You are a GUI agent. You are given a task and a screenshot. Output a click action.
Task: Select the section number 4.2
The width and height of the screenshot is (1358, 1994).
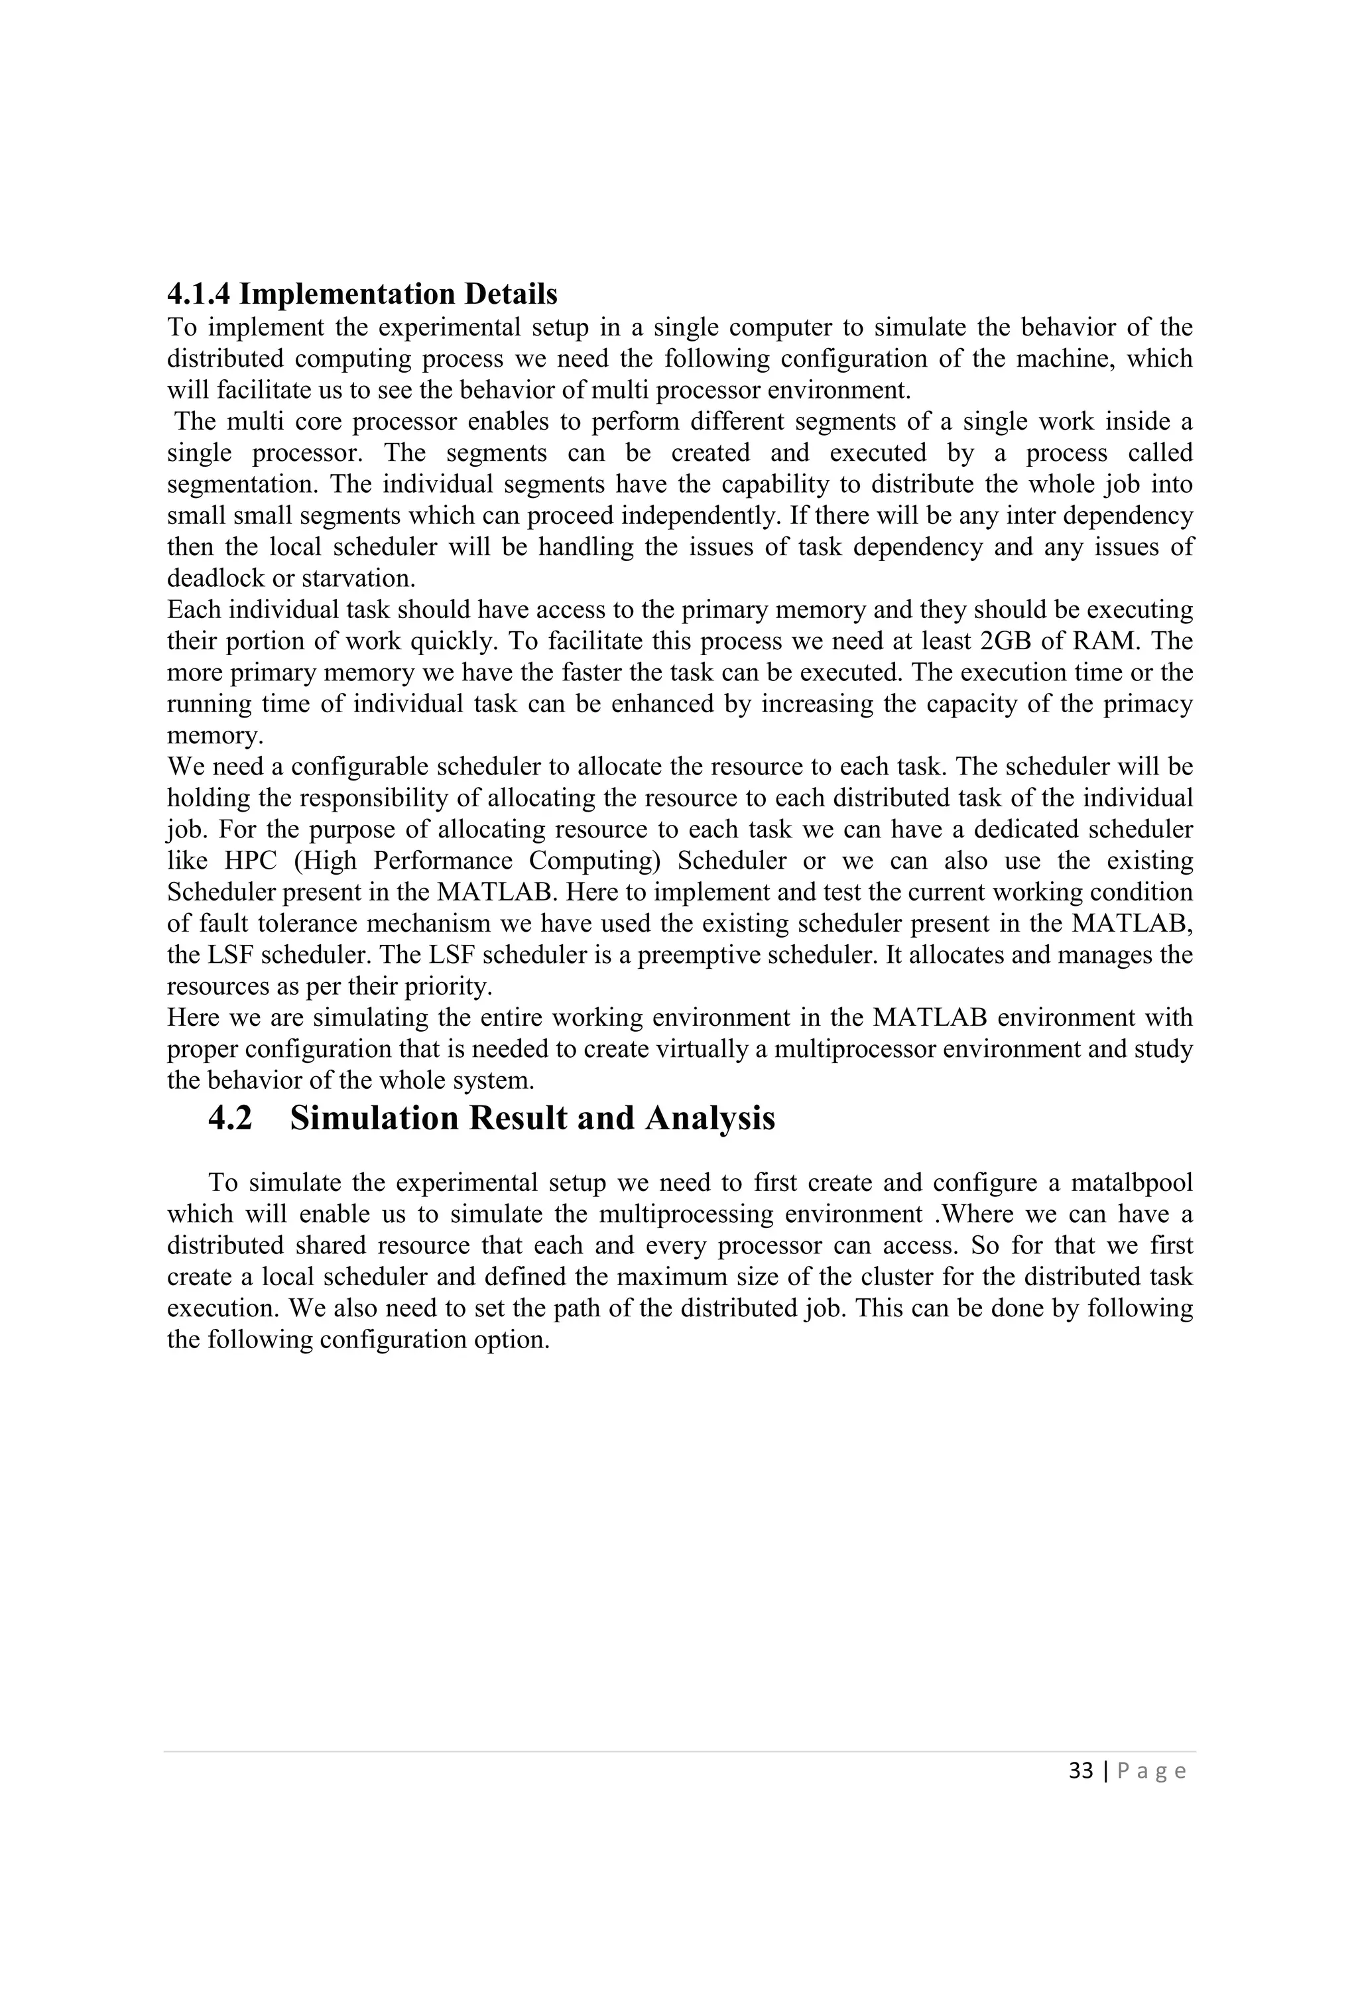click(230, 1118)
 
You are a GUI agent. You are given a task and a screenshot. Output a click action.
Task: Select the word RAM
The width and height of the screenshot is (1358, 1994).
click(1101, 641)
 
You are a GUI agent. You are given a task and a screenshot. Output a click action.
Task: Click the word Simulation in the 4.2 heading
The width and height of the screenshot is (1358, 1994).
click(374, 1118)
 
